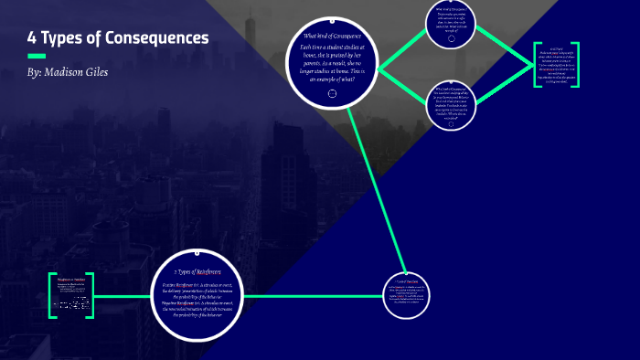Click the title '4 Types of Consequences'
point(118,38)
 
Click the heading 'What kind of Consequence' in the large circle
point(332,36)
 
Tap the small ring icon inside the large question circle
point(332,93)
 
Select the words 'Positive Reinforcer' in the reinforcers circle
point(176,284)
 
